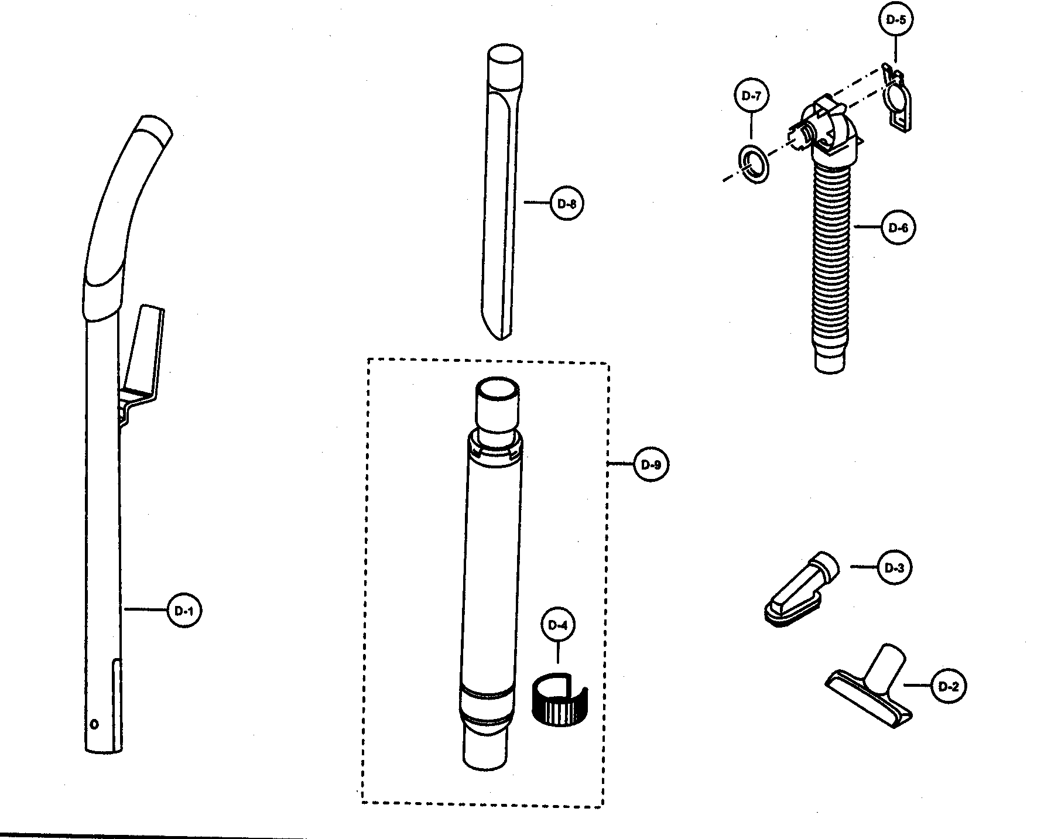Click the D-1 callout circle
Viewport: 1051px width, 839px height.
click(184, 611)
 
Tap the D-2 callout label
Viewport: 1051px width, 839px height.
click(948, 686)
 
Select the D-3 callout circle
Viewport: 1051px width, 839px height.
click(895, 567)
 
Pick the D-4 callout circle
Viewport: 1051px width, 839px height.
click(558, 625)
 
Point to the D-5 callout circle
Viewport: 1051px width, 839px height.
click(896, 19)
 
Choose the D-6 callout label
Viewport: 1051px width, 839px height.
click(898, 228)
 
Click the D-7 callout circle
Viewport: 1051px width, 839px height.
click(751, 96)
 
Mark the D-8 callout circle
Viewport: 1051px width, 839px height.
click(567, 204)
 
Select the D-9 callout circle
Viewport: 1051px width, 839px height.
click(651, 465)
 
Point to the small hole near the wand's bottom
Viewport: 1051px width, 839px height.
click(94, 724)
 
